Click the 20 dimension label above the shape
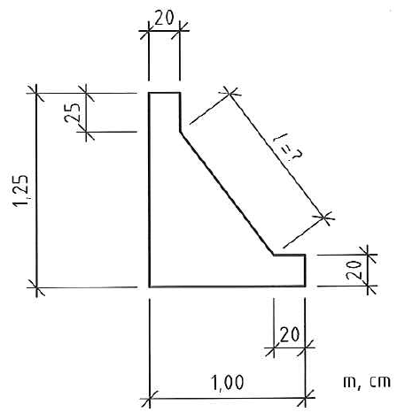pos(164,19)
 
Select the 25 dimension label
pos(72,112)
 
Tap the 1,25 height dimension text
pos(20,191)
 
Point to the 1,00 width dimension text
pos(228,382)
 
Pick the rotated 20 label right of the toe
pos(354,270)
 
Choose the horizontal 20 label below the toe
pos(290,334)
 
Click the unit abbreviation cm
pos(380,382)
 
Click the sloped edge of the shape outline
pos(227,194)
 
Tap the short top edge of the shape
pos(165,93)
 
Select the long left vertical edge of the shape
pos(150,189)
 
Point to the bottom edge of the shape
pos(227,286)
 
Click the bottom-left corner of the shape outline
pos(150,286)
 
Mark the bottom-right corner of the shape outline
pos(305,286)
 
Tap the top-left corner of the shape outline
pos(150,94)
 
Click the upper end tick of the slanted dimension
pos(230,94)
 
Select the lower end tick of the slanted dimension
pos(324,218)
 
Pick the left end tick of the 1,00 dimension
pos(150,400)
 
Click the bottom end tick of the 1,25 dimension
pos(36,287)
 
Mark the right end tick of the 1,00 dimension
pos(305,399)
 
